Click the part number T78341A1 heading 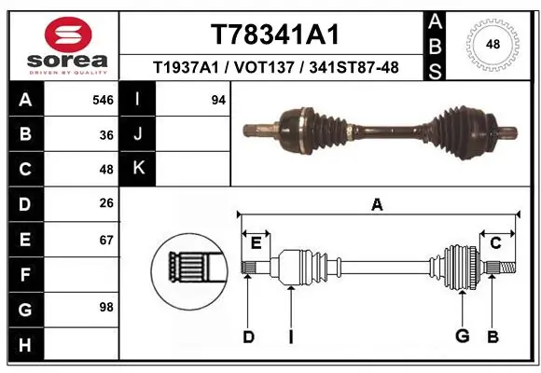(273, 35)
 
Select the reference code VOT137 (272, 67)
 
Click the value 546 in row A (104, 100)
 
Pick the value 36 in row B (106, 135)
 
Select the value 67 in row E (106, 241)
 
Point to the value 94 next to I (218, 100)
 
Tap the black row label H (24, 344)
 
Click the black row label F (24, 274)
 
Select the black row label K (138, 170)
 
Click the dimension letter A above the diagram (377, 205)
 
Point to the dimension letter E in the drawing (256, 242)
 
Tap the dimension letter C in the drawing (495, 242)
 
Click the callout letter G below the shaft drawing (460, 337)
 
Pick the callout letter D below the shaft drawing (248, 337)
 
